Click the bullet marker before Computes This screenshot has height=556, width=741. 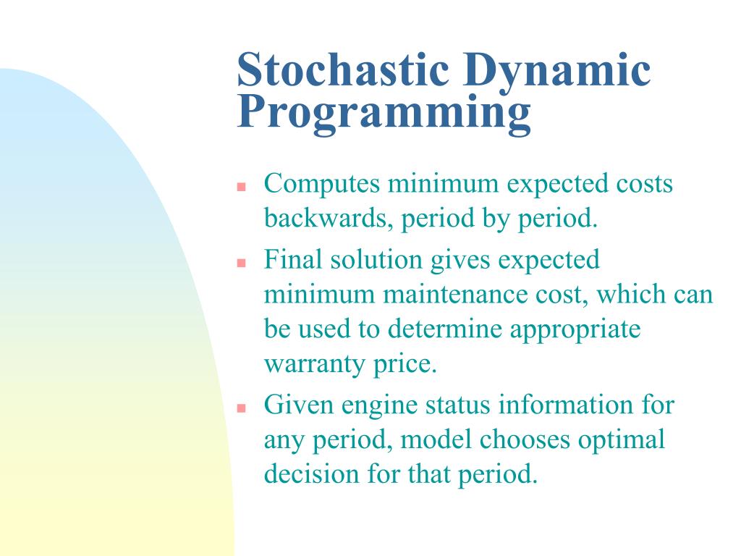[x=242, y=187]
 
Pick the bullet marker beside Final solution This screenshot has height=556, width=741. [x=242, y=263]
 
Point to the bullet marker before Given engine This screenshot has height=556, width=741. [x=242, y=408]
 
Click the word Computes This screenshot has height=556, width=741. [x=322, y=185]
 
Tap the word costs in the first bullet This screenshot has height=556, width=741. [x=644, y=185]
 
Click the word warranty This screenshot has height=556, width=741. [x=314, y=365]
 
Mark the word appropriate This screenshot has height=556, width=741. [x=575, y=330]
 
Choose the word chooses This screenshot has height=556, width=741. [x=525, y=439]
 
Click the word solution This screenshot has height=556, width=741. [x=376, y=259]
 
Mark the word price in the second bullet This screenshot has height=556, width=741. [x=405, y=365]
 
